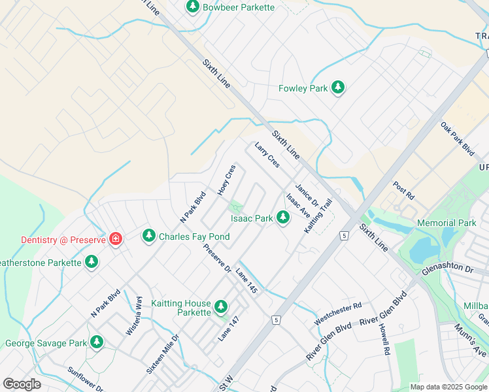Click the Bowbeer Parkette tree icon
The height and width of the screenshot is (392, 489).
(x=192, y=7)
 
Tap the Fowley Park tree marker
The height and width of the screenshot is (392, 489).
(x=338, y=88)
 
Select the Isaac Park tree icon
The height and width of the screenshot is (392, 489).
(x=283, y=218)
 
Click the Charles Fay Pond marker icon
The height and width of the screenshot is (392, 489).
(x=149, y=235)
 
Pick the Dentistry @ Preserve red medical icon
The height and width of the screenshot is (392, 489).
(x=116, y=239)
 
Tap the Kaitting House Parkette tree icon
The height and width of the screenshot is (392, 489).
(x=221, y=306)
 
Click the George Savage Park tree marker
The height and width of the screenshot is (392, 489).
(x=97, y=342)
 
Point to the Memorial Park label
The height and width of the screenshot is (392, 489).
(x=447, y=223)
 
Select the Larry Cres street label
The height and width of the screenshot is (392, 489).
(x=267, y=155)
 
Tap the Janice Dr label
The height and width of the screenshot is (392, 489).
(x=305, y=195)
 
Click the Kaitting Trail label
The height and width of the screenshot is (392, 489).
(x=319, y=216)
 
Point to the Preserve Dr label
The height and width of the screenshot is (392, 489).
(x=217, y=259)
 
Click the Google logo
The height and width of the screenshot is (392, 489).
(x=22, y=384)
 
